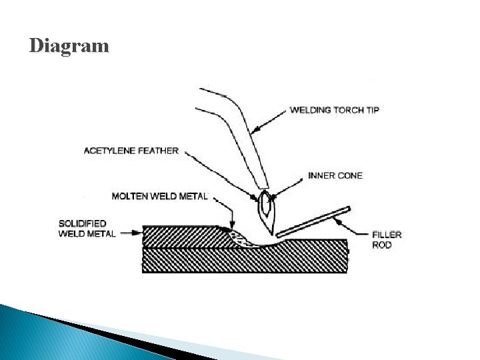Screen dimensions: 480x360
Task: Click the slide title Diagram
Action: click(69, 46)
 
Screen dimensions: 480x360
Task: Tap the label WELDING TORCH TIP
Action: click(334, 110)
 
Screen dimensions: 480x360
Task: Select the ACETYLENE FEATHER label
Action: click(131, 151)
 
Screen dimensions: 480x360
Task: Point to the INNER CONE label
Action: click(335, 176)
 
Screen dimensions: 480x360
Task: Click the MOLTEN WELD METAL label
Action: click(160, 196)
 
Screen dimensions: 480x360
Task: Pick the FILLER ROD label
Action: click(387, 239)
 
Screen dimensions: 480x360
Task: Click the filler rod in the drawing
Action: click(313, 221)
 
